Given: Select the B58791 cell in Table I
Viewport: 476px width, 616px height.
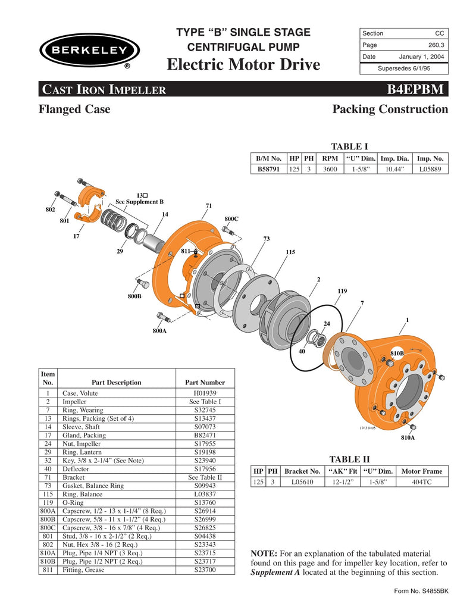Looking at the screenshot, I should point(269,169).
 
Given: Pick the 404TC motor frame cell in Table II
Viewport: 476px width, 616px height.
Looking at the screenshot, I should point(422,482).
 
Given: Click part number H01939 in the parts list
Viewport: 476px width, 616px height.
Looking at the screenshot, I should point(205,393).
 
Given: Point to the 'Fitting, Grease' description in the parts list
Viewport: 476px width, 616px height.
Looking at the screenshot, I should point(83,570).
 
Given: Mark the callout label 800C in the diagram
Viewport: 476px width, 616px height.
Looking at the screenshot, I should point(231,219).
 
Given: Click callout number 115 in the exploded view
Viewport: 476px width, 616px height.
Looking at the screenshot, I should point(290,252).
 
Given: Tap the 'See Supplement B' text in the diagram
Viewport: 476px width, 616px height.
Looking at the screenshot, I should point(139,202).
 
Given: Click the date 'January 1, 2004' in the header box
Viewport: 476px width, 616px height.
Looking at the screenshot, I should point(422,57).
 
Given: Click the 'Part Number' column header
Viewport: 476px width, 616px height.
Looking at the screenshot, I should point(205,382).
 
